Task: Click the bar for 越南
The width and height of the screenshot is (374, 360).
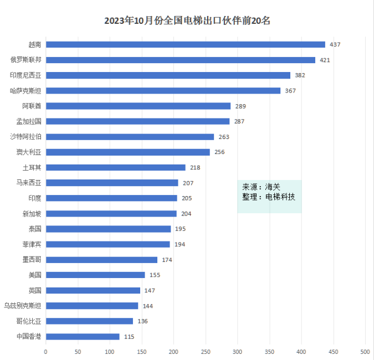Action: click(x=185, y=44)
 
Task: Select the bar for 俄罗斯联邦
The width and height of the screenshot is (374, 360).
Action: click(x=180, y=60)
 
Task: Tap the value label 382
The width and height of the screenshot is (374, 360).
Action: click(x=300, y=75)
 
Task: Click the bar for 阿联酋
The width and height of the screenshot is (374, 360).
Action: click(x=138, y=106)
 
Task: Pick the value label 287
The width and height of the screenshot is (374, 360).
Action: click(x=239, y=121)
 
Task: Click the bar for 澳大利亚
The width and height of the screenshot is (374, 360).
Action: click(x=127, y=152)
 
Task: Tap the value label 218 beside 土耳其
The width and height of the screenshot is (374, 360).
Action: click(x=194, y=167)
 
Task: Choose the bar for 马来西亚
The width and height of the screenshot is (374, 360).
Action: click(x=112, y=183)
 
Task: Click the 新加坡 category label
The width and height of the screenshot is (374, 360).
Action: click(x=32, y=213)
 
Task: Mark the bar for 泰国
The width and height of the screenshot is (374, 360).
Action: click(x=108, y=229)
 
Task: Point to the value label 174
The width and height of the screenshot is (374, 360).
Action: click(x=167, y=260)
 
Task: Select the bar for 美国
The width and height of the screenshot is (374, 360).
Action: click(x=95, y=275)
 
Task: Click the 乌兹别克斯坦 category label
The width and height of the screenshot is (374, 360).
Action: click(x=22, y=305)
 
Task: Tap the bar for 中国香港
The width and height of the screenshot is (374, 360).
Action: click(x=83, y=336)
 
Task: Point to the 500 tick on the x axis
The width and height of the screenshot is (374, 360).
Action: click(x=365, y=351)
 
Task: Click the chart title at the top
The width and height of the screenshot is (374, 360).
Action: click(x=187, y=21)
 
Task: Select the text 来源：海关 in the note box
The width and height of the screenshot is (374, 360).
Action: click(x=261, y=187)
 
